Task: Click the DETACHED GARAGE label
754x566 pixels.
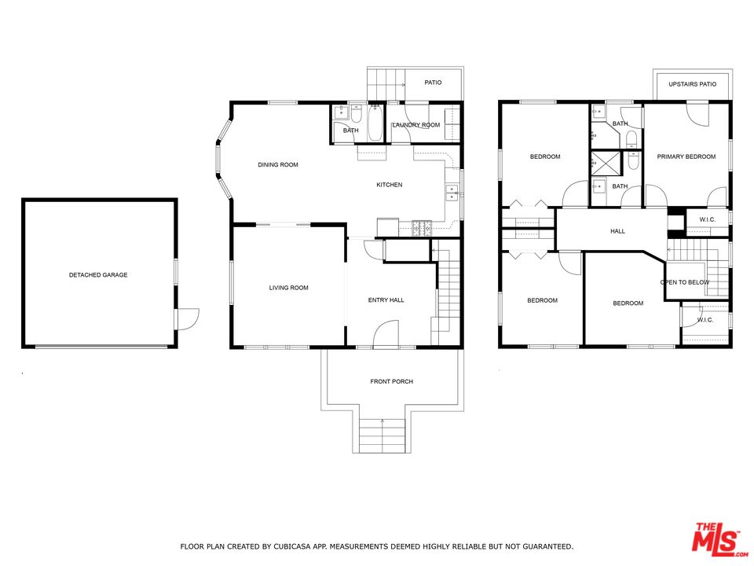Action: point(98,275)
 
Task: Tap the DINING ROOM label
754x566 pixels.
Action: point(278,164)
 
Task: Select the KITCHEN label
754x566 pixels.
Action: point(389,185)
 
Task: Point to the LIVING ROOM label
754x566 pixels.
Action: point(288,288)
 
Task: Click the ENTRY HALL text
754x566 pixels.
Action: point(386,300)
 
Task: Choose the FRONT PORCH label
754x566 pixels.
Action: point(391,382)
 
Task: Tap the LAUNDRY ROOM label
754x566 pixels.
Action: point(416,125)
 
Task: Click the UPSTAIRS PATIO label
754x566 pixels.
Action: point(693,84)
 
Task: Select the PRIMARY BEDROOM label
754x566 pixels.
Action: point(686,157)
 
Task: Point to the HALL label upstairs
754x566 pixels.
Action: point(617,231)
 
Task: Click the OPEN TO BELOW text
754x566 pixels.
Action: point(685,282)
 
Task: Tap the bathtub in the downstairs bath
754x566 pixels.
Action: point(375,123)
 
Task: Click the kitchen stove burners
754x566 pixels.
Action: point(422,228)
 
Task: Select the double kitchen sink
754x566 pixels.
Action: point(451,193)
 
